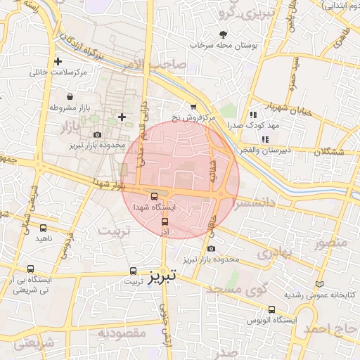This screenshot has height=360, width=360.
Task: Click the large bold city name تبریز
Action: (164, 276)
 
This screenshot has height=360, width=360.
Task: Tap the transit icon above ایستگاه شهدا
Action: (155, 196)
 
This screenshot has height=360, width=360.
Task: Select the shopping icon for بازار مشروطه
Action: (70, 96)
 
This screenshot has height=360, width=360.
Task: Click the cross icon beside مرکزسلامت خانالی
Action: (58, 61)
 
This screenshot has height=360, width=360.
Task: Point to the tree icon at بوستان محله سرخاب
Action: (224, 34)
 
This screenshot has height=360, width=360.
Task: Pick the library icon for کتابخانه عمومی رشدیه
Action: (320, 284)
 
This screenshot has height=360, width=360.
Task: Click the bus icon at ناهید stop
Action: (44, 228)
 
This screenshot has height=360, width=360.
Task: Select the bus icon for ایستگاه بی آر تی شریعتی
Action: (30, 269)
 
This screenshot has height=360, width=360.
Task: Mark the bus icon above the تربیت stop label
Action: (134, 271)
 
